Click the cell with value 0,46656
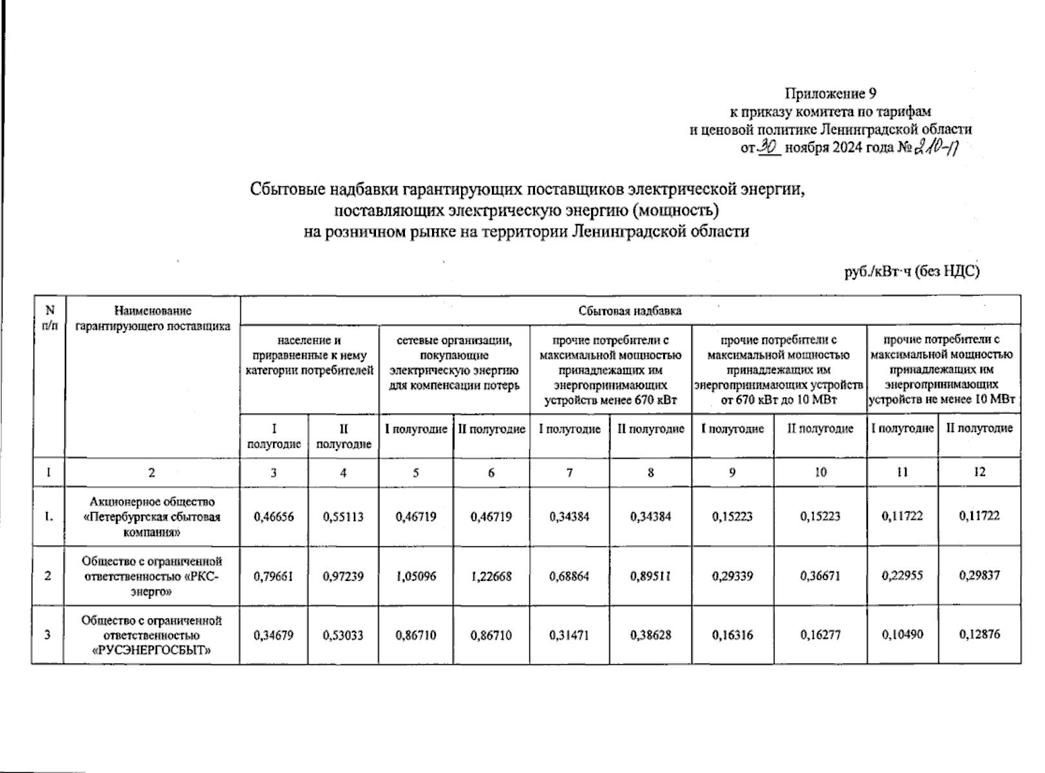pyautogui.click(x=274, y=517)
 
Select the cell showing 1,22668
pyautogui.click(x=491, y=577)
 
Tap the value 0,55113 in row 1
pyautogui.click(x=343, y=517)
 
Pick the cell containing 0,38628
pyautogui.click(x=650, y=635)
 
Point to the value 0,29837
pyautogui.click(x=979, y=576)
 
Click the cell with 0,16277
pyautogui.click(x=820, y=635)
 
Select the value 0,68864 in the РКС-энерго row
pyautogui.click(x=569, y=577)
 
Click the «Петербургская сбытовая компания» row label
pyautogui.click(x=151, y=517)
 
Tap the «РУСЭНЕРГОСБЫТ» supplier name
pyautogui.click(x=151, y=635)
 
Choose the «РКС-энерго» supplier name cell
pyautogui.click(x=151, y=576)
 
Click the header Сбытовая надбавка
pyautogui.click(x=630, y=311)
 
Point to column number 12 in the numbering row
pyautogui.click(x=979, y=472)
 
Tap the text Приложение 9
pyautogui.click(x=831, y=95)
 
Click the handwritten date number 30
pyautogui.click(x=769, y=147)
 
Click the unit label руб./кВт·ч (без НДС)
pyautogui.click(x=912, y=272)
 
